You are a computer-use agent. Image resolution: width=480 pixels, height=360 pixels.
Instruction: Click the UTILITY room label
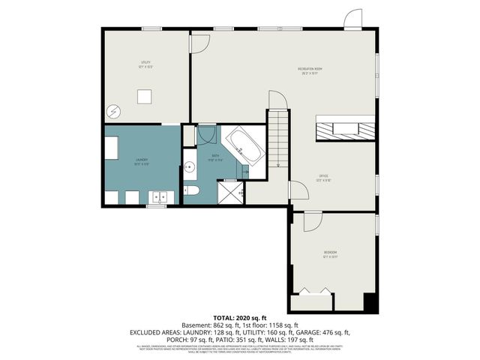pos(145,65)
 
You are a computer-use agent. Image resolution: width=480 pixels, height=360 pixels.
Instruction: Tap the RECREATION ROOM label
pos(308,72)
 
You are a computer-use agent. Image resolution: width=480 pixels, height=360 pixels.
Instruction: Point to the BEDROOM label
pos(331,253)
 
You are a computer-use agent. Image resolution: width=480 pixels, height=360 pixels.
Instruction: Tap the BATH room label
pos(214,159)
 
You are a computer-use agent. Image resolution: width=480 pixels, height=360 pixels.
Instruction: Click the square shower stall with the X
pos(230,193)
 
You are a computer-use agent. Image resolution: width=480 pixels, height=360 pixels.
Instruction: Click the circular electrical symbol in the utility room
pos(114,110)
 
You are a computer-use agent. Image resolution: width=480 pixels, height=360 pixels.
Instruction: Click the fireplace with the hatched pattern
pos(344,129)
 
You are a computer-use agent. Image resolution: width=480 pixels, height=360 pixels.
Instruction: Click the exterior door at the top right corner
pos(352,19)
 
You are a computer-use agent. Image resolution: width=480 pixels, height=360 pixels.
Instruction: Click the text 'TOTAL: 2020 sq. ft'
pos(240,318)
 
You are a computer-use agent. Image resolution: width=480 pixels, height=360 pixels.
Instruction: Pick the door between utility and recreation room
pos(199,43)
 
